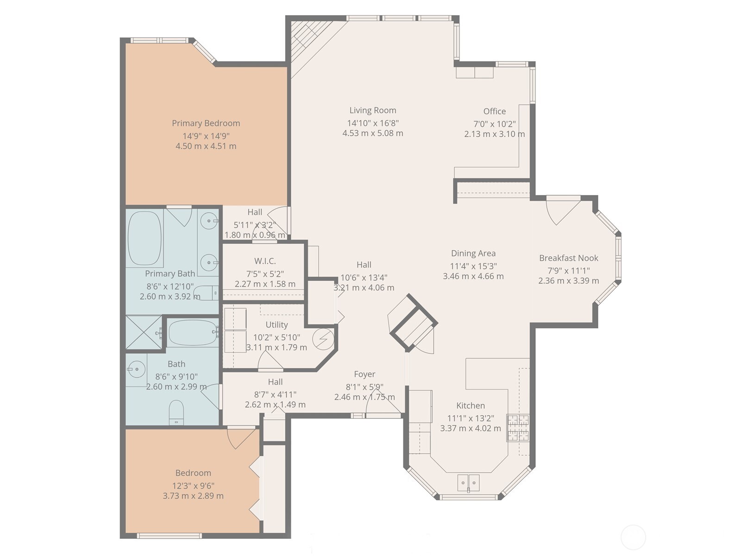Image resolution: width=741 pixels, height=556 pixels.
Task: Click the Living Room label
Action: click(372, 110)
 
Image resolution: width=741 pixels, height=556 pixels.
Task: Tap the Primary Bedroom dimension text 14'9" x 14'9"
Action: click(206, 136)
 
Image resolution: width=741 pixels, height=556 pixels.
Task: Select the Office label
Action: click(494, 111)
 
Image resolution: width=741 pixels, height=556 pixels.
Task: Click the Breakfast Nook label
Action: click(568, 258)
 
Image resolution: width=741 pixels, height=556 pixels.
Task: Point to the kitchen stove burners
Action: click(518, 428)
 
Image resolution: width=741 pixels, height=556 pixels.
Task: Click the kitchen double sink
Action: click(468, 483)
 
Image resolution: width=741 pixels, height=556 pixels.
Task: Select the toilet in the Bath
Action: click(176, 412)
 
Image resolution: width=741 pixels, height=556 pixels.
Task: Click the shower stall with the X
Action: click(144, 332)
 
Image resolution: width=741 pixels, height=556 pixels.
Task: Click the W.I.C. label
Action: click(265, 261)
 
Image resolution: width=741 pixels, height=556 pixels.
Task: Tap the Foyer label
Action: click(364, 374)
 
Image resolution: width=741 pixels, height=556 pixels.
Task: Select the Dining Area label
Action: click(473, 253)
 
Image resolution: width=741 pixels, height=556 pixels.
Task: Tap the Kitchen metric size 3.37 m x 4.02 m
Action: click(470, 429)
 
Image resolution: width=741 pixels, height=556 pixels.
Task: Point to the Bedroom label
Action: click(193, 473)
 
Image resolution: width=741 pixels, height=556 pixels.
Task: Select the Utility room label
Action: click(276, 325)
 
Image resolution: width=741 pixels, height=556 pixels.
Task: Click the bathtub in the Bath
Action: click(192, 333)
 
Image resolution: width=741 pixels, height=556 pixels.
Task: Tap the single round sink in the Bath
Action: click(136, 369)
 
